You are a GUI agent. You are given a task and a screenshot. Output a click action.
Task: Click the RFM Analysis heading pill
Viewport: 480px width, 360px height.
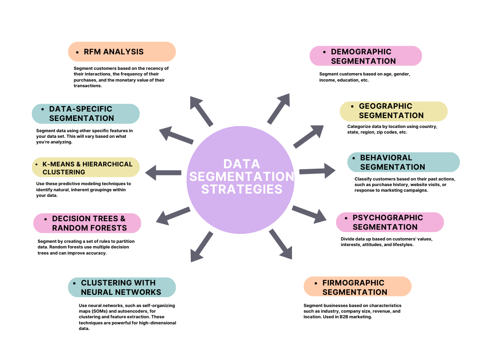[x=122, y=52]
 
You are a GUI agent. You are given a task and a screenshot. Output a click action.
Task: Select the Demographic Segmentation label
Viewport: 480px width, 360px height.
[x=366, y=56]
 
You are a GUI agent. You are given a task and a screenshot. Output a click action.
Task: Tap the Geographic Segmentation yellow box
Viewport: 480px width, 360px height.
[x=393, y=111]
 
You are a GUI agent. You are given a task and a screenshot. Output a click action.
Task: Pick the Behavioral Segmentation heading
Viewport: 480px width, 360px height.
[x=403, y=162]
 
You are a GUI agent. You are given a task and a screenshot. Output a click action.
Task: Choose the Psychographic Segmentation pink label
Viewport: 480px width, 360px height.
[x=390, y=222]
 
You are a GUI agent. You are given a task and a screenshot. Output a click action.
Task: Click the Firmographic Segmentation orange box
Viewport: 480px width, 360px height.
[x=357, y=287]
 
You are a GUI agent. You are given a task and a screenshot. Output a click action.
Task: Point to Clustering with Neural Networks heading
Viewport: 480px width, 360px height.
[x=122, y=287]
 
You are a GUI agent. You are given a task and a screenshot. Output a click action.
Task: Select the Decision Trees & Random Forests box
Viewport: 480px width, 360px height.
[x=87, y=223]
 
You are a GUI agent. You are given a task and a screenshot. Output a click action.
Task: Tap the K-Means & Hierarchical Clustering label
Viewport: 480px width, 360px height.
[x=86, y=168]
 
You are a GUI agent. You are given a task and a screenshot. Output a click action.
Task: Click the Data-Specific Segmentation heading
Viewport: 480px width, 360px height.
[x=86, y=113]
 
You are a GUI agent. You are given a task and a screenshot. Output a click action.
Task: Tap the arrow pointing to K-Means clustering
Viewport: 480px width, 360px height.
[x=163, y=172]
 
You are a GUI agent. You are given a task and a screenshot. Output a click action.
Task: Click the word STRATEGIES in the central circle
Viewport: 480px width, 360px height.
[x=240, y=189]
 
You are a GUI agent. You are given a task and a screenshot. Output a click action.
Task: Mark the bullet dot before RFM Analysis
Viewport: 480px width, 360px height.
[x=77, y=52]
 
